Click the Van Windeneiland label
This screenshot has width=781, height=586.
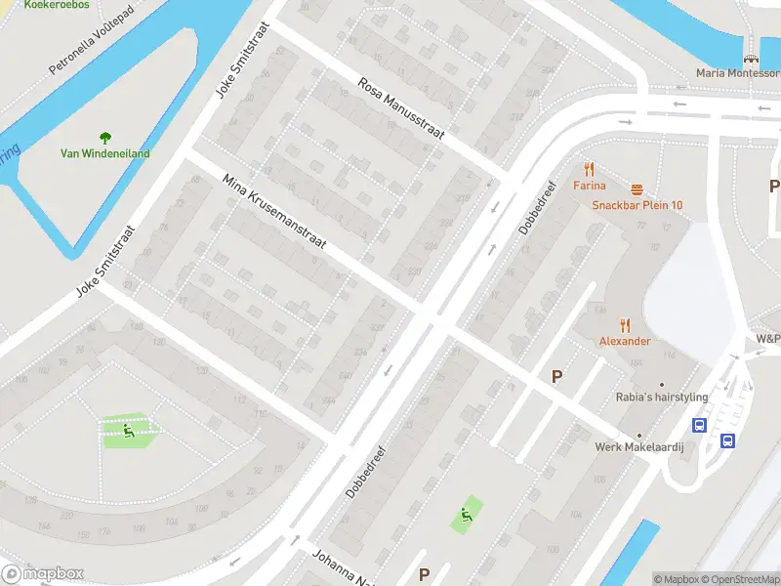(104, 153)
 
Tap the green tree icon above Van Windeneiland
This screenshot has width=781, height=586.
(104, 138)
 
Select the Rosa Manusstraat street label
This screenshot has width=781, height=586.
(400, 109)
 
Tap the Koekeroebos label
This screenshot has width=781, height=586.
(57, 5)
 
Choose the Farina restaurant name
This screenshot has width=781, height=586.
(590, 186)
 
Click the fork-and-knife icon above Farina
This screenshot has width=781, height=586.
(590, 169)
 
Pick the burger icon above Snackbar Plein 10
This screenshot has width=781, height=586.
(637, 188)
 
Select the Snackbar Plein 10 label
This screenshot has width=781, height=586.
(637, 205)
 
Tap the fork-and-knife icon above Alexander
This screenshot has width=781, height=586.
(625, 325)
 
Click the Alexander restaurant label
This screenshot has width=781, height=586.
(625, 341)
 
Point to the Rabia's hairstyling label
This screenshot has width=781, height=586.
(661, 398)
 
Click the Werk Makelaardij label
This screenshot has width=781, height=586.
(639, 447)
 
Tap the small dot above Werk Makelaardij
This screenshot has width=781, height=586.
(639, 435)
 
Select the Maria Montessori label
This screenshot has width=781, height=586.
(737, 73)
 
